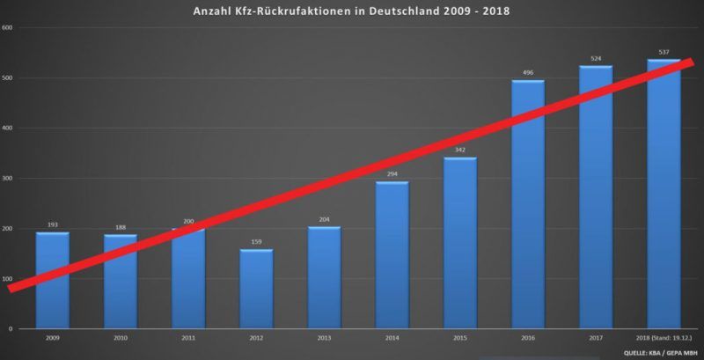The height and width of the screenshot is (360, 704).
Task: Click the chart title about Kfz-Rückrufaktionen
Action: coord(352,11)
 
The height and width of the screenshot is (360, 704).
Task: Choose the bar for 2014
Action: coord(392,255)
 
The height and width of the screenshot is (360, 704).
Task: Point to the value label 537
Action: coord(664,52)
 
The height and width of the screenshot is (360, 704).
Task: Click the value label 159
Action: coord(256,242)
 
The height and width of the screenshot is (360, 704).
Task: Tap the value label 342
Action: coord(460,151)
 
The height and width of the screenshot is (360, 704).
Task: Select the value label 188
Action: coord(121,227)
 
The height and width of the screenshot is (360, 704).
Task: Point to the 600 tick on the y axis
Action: coord(8,27)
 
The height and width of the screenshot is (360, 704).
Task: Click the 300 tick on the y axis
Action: coord(8,178)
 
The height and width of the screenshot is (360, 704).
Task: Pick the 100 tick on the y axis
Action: coord(8,279)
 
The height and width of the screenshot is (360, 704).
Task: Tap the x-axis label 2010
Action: coord(121,338)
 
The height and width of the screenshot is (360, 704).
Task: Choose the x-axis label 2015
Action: coord(460,338)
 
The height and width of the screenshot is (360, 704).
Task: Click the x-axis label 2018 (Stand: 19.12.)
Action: coord(664,338)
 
